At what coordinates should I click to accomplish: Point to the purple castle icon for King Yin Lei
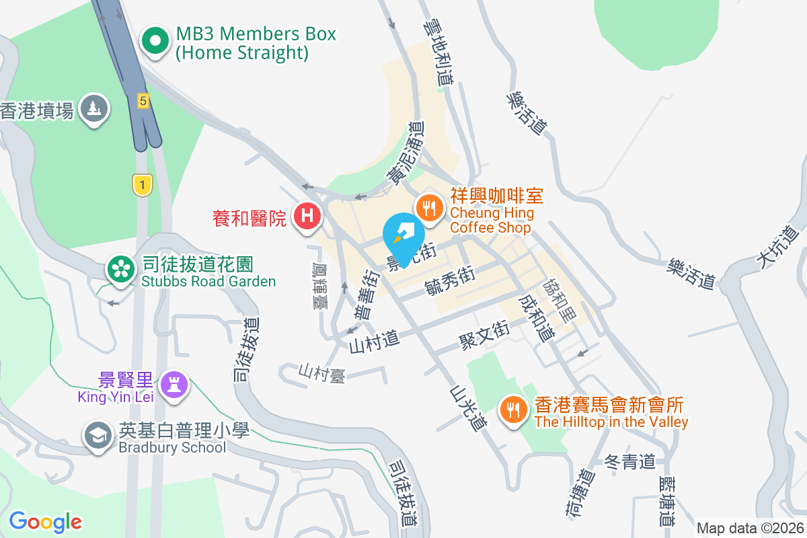175,385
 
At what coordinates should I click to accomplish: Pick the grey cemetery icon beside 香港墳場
94,108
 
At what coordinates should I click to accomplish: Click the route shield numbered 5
143,100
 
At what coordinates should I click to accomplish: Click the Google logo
46,522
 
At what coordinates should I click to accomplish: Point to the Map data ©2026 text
749,528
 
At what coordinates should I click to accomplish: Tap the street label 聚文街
484,332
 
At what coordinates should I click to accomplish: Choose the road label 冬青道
629,462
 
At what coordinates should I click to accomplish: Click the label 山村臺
322,373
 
